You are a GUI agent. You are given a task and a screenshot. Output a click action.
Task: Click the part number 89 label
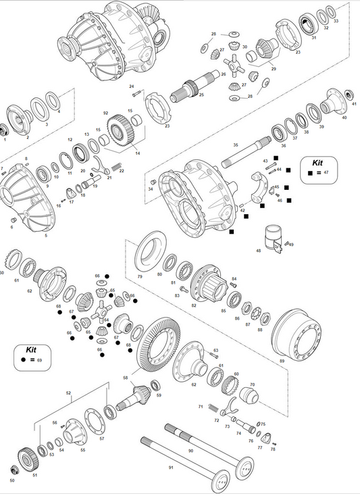[x=282, y=361]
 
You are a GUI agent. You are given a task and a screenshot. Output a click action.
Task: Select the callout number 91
[x=171, y=468]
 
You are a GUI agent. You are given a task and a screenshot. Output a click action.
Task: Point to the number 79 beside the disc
[x=140, y=277]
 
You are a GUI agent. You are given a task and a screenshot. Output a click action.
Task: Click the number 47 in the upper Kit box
[x=326, y=173]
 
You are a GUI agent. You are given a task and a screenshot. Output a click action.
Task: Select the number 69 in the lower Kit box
[x=39, y=361]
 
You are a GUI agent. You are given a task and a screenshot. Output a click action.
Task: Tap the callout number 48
[x=258, y=251]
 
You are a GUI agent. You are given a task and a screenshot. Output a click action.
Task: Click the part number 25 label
[x=201, y=95]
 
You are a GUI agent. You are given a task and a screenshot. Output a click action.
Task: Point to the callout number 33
[x=336, y=22]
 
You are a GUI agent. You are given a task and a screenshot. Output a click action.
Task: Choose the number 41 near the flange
[x=354, y=105]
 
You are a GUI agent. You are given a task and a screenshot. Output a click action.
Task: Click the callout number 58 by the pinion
[x=125, y=378]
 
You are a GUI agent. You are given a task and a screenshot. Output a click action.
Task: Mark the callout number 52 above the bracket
[x=68, y=393]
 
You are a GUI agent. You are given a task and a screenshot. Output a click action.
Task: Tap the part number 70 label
[x=252, y=384]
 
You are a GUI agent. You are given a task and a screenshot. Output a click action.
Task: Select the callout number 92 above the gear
[x=106, y=113]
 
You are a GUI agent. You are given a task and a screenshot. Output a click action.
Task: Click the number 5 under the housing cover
[x=46, y=236]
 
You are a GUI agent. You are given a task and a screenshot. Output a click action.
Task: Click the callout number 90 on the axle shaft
[x=190, y=450]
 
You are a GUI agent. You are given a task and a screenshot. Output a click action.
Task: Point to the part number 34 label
[x=151, y=190]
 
